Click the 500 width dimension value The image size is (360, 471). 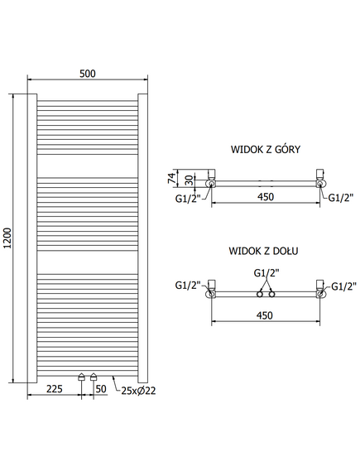coord(88,74)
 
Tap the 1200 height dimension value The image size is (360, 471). coord(7,238)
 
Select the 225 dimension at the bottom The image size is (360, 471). coord(55,389)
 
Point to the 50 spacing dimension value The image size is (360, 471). coord(101,389)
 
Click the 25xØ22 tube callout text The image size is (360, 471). coord(138,391)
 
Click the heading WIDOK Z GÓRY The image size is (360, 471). coord(266,149)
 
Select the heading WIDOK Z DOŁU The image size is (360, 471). coord(263,251)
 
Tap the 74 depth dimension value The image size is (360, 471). coord(170,178)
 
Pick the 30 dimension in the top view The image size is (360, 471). coord(189,180)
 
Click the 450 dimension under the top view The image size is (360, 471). coord(266,197)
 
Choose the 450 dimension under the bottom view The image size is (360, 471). coord(265,315)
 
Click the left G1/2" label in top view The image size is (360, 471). coord(188,199)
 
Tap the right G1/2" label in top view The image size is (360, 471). coord(340,198)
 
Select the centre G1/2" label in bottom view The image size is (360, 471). coord(266,273)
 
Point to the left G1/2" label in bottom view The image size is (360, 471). coord(188,285)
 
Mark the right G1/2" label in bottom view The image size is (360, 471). coord(343,286)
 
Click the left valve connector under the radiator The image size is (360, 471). coord(82,377)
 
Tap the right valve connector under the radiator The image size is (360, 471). coord(94,377)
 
